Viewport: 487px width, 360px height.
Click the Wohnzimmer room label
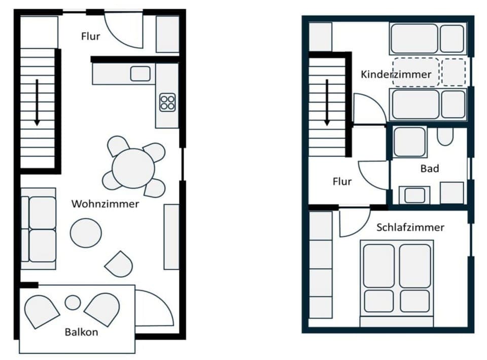(105, 204)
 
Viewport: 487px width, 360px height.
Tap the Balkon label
(81, 333)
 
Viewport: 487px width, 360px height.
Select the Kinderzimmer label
(396, 75)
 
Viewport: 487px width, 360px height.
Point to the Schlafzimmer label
(410, 227)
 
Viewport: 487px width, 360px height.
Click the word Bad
(429, 169)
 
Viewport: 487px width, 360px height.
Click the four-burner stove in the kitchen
(167, 103)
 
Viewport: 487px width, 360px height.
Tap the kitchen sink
(140, 74)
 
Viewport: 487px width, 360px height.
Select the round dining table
(133, 168)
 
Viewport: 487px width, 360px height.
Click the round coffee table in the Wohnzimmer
(86, 233)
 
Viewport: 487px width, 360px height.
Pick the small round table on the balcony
(73, 303)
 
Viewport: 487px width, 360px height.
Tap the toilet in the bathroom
(445, 136)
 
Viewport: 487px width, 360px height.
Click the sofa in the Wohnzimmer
(40, 229)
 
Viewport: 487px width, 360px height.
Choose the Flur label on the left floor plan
(91, 36)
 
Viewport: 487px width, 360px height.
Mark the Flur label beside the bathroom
(342, 181)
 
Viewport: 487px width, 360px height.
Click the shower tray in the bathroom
(409, 142)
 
